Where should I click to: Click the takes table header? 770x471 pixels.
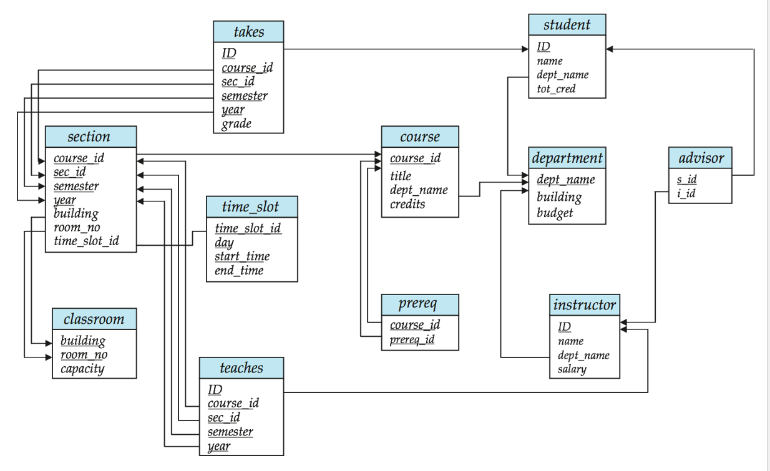[248, 32]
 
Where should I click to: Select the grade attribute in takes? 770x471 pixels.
[236, 124]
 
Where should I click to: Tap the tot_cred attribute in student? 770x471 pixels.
[556, 89]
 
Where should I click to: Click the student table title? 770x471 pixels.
[567, 25]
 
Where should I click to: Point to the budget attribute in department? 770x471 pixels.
[555, 213]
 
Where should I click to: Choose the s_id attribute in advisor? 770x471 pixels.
[687, 179]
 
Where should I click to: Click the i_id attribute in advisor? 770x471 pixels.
[686, 193]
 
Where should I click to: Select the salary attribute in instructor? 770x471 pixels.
[572, 369]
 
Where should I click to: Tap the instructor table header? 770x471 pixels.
[585, 304]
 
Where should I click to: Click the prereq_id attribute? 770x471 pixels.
[412, 339]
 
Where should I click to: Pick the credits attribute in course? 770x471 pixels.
[407, 204]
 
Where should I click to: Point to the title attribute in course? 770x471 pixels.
[401, 176]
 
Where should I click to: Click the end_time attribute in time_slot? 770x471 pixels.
[239, 270]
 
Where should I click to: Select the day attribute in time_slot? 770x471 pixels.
[224, 243]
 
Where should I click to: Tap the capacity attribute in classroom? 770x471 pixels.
[82, 369]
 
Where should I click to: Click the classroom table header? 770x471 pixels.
[94, 319]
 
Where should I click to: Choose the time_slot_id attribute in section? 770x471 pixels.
[86, 241]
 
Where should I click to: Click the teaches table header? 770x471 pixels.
[241, 368]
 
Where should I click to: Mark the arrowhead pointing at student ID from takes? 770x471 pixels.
[525, 49]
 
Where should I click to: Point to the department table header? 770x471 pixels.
[567, 158]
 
